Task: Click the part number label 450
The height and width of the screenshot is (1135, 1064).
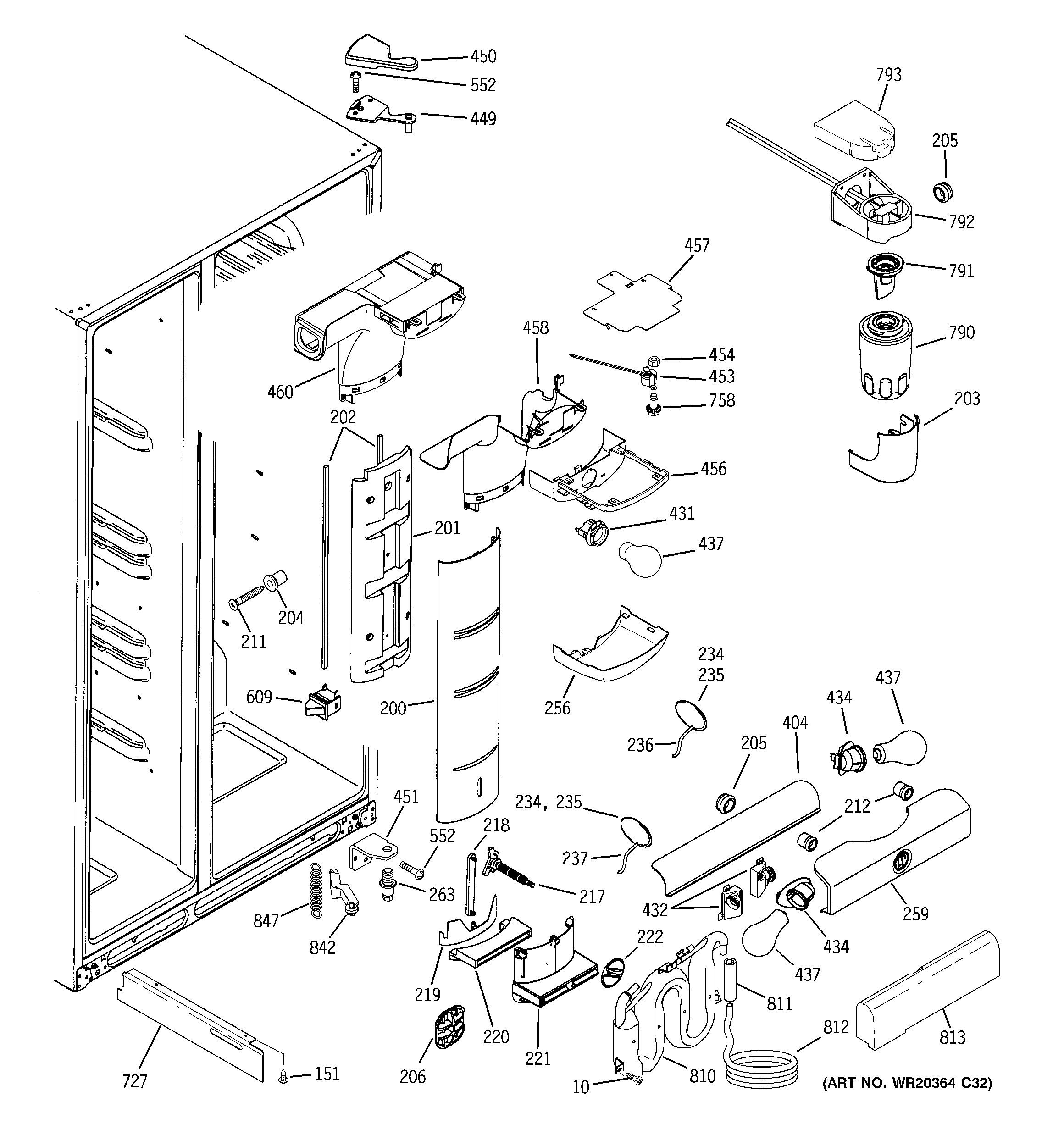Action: pos(483,56)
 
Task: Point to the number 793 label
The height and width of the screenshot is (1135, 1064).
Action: pos(889,75)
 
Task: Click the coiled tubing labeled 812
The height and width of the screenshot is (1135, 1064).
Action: pos(761,1069)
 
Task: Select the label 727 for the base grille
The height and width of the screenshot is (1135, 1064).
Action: pos(135,1081)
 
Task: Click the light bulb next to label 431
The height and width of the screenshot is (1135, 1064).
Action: pos(641,559)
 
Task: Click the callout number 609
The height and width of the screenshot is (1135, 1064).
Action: pos(259,697)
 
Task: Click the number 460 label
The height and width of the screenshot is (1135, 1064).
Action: pos(280,392)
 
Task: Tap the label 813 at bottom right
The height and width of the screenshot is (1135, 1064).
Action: pos(952,1037)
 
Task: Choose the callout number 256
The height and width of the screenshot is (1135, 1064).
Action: pos(557,708)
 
